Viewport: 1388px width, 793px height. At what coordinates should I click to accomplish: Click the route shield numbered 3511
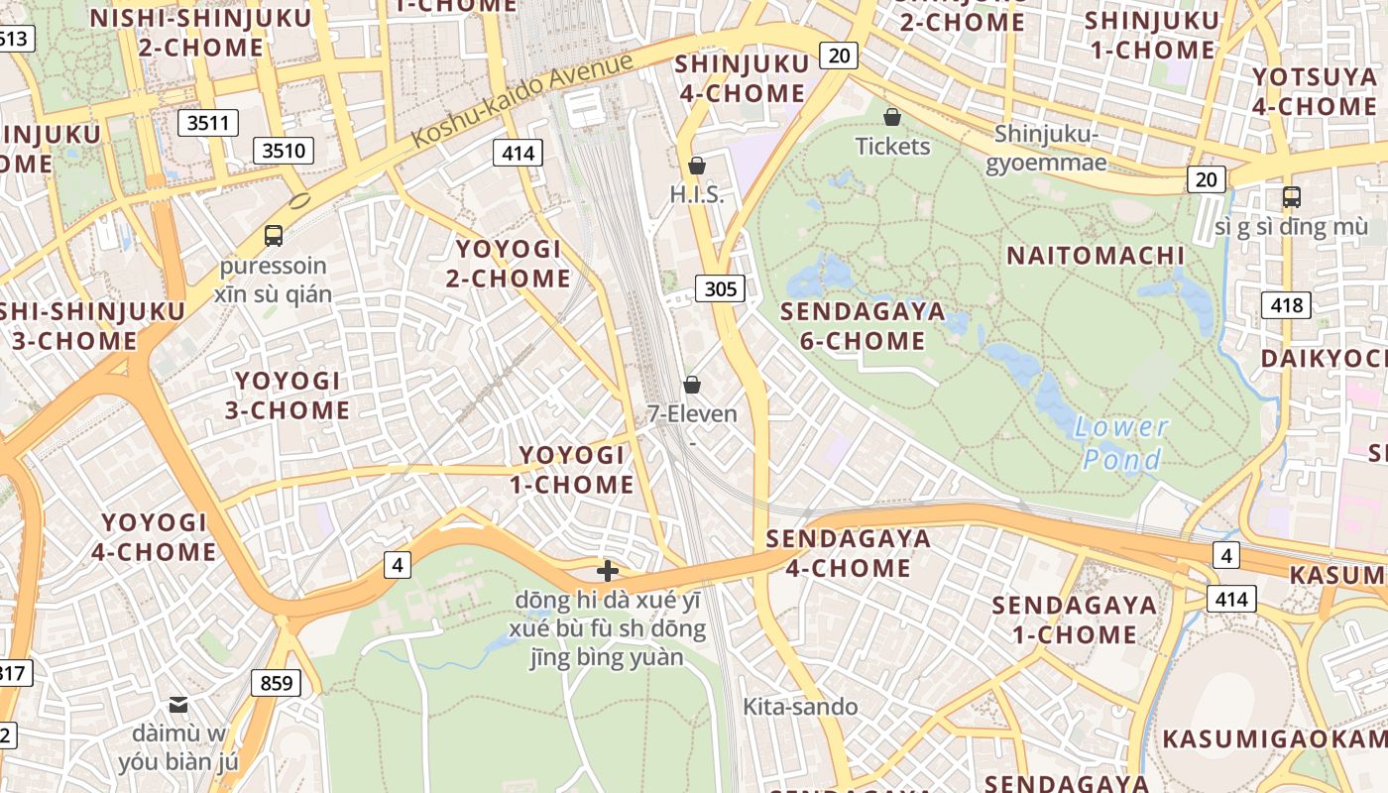pyautogui.click(x=208, y=123)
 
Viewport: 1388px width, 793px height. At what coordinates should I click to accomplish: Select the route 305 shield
pyautogui.click(x=721, y=288)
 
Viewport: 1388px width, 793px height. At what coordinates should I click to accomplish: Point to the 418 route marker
pyautogui.click(x=1286, y=305)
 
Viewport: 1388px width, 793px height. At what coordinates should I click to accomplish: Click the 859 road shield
pyautogui.click(x=277, y=683)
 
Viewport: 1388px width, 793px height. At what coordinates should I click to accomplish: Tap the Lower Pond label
pyautogui.click(x=1122, y=443)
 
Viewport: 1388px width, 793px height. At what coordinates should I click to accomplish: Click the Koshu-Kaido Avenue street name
pyautogui.click(x=522, y=100)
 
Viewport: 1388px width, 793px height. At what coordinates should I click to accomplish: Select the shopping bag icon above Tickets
pyautogui.click(x=892, y=117)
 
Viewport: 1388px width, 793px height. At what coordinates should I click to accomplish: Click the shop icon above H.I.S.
pyautogui.click(x=697, y=166)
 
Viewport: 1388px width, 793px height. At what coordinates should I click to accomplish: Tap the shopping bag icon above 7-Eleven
pyautogui.click(x=692, y=384)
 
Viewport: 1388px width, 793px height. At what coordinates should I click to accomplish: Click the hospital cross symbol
pyautogui.click(x=608, y=571)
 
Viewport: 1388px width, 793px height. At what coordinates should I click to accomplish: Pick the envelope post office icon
pyautogui.click(x=178, y=705)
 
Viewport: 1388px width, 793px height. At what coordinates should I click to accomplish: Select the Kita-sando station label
pyautogui.click(x=800, y=707)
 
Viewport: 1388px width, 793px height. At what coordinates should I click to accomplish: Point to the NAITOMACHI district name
pyautogui.click(x=1096, y=256)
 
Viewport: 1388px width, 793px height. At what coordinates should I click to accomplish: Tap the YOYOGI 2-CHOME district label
pyautogui.click(x=509, y=264)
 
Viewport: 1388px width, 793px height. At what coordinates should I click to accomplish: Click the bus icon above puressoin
pyautogui.click(x=274, y=236)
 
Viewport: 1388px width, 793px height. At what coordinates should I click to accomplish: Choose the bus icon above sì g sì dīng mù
pyautogui.click(x=1291, y=196)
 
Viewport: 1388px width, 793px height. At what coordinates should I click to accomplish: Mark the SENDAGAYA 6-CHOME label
pyautogui.click(x=863, y=326)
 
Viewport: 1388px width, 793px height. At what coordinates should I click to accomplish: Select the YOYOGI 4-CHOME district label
pyautogui.click(x=154, y=537)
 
